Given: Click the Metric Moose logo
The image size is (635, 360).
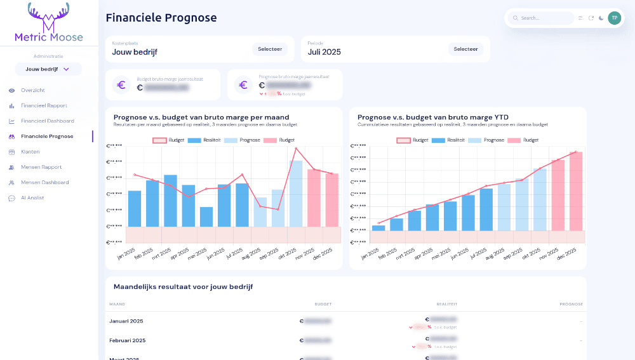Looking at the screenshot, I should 49,23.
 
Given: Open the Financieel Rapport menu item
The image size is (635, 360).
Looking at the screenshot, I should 43,105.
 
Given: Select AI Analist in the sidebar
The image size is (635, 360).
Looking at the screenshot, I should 32,198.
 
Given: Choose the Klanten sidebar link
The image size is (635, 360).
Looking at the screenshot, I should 30,152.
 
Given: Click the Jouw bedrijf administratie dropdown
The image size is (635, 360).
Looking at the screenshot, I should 48,69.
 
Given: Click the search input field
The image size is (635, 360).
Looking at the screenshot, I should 545,18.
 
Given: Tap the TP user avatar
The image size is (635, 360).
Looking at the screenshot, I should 614,18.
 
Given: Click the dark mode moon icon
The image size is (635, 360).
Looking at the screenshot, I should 601,18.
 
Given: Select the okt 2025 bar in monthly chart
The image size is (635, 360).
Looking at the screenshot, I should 296,193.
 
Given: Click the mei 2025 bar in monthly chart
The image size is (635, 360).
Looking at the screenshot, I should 206,217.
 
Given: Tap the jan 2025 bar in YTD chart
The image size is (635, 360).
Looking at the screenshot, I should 378,227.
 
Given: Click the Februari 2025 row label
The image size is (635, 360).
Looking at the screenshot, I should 128,340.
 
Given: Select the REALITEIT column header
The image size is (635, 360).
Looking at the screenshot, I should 447,304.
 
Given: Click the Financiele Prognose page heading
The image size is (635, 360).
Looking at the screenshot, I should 161,18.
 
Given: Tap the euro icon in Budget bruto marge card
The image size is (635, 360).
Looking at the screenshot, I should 121,84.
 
